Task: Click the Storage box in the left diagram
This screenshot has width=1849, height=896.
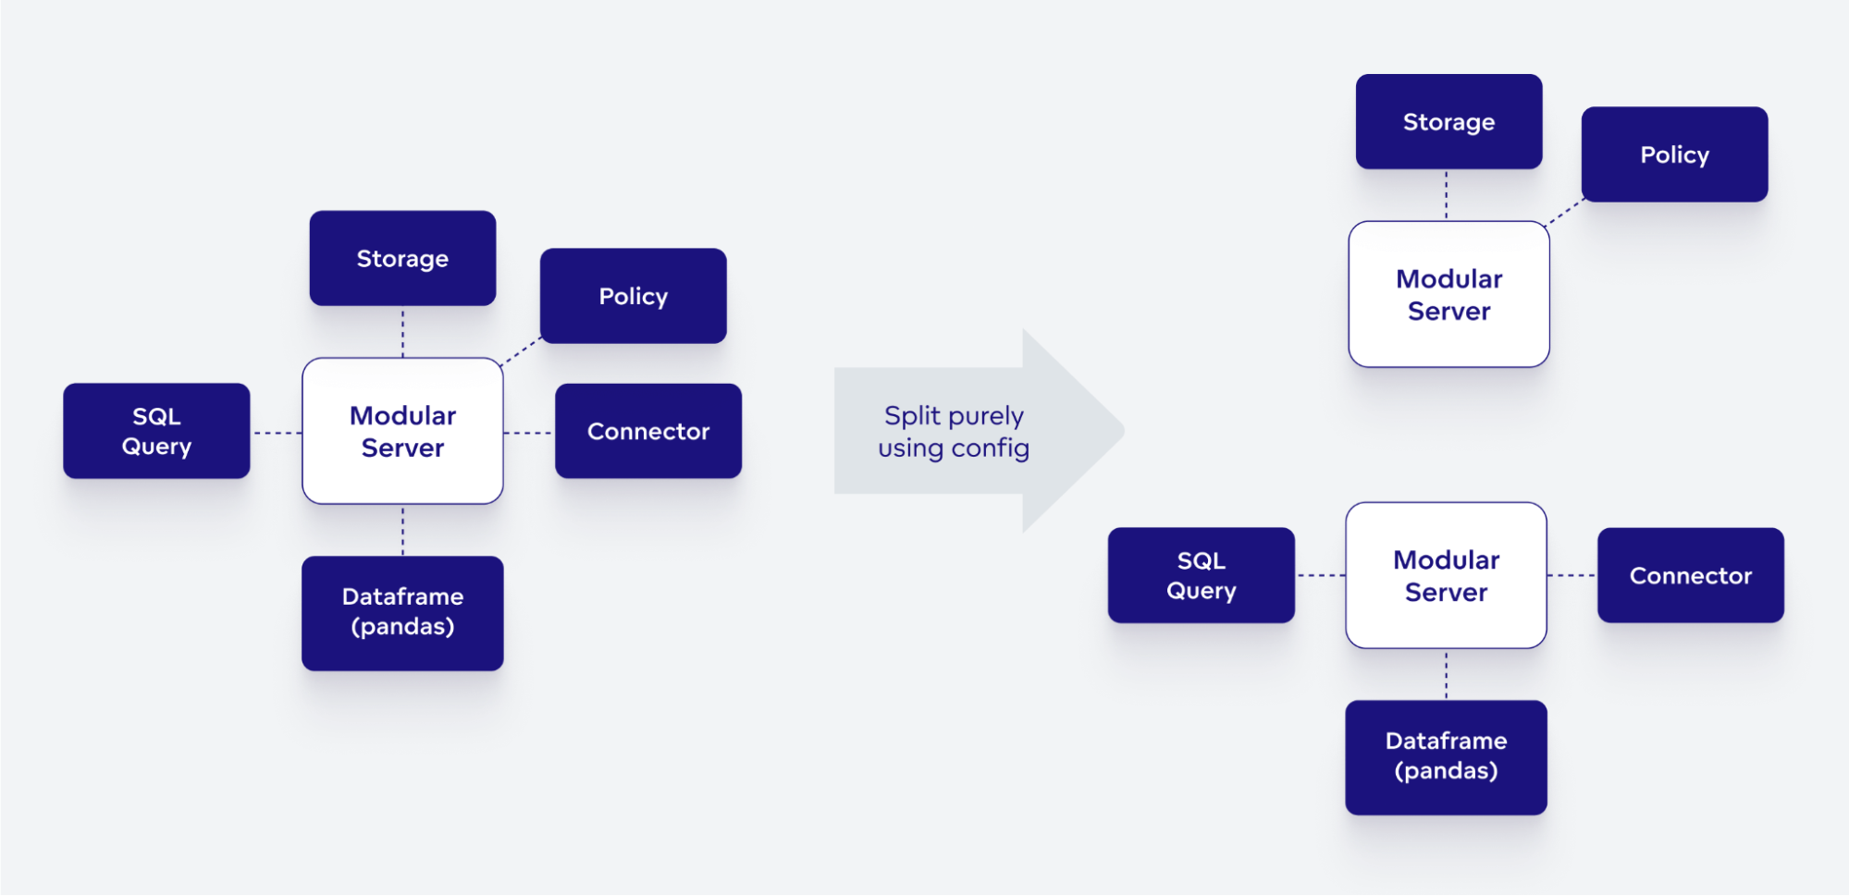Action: [402, 258]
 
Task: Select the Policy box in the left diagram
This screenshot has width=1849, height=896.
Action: [633, 296]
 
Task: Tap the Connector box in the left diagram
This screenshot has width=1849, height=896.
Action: [647, 431]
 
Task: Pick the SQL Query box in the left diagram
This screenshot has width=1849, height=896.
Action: [156, 431]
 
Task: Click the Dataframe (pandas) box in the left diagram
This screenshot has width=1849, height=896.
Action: [402, 612]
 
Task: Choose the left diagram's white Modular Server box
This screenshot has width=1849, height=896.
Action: [402, 431]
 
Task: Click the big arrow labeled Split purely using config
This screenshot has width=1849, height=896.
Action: [971, 431]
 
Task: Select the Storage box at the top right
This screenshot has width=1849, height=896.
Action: [1448, 121]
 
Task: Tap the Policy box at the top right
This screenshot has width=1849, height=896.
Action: [1674, 154]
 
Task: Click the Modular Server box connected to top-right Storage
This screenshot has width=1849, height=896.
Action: [1448, 294]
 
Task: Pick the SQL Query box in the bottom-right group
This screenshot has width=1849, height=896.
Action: [1201, 575]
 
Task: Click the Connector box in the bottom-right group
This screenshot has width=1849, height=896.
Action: [1690, 575]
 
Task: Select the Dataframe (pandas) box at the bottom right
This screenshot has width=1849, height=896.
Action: [1446, 756]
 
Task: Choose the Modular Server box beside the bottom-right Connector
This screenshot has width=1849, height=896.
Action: [1446, 575]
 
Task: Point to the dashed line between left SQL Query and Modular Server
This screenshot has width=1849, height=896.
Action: [276, 433]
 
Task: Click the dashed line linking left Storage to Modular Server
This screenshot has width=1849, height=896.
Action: [402, 332]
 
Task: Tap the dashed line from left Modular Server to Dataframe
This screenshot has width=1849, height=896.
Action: [402, 530]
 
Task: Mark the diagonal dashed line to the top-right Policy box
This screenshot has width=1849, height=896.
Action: [1565, 212]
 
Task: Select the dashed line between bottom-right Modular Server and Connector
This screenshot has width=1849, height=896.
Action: [1572, 575]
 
